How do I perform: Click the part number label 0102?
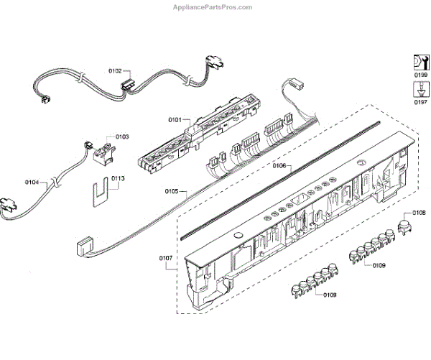click(x=115, y=71)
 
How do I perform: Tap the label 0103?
click(x=121, y=136)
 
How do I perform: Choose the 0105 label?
click(x=172, y=192)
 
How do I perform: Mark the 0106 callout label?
click(x=280, y=166)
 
